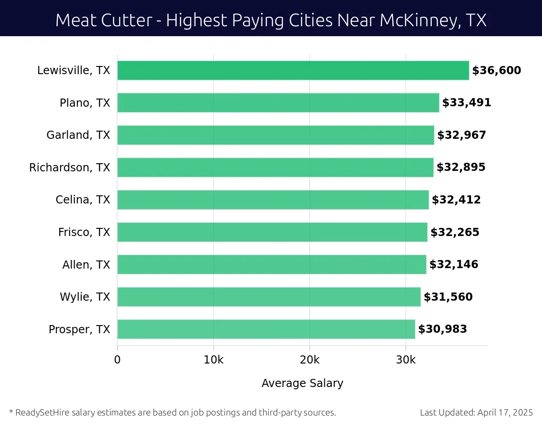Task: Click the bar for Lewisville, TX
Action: tap(293, 71)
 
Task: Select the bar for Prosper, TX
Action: tap(266, 329)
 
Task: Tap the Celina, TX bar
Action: tap(273, 200)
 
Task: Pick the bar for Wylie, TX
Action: tap(269, 297)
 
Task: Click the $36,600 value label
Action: tap(496, 71)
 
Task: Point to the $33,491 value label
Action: tap(467, 103)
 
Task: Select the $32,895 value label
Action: tap(461, 167)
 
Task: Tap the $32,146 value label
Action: tap(453, 264)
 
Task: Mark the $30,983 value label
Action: tap(443, 329)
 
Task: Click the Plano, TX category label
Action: tap(85, 103)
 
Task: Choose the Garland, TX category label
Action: tap(78, 135)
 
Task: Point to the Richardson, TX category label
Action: tap(70, 168)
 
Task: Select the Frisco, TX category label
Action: tap(84, 232)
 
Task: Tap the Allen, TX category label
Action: tap(86, 264)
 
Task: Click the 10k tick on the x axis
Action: tap(213, 360)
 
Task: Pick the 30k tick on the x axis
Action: tap(406, 360)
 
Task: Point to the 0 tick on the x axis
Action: tap(117, 360)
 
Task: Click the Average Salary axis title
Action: tap(302, 383)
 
